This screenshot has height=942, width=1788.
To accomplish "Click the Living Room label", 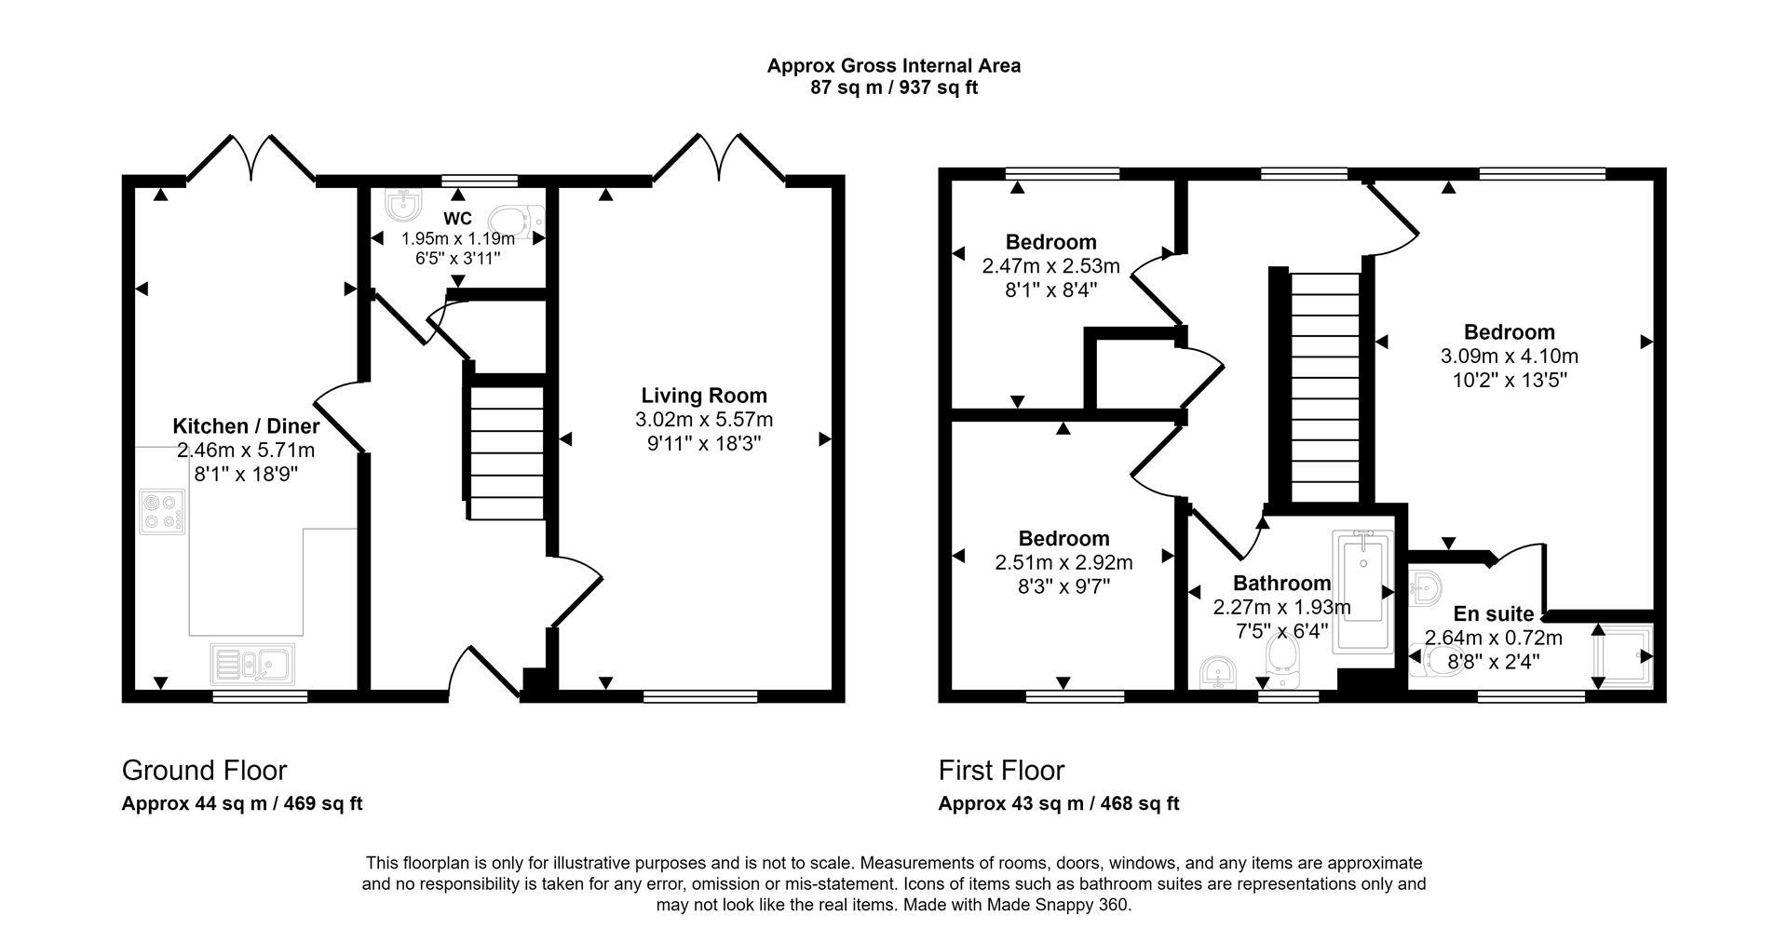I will click(703, 396).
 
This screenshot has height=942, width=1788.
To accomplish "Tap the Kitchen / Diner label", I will click(246, 426).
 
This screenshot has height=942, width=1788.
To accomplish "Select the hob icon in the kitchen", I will click(161, 513).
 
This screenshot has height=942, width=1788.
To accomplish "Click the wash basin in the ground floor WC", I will click(402, 204).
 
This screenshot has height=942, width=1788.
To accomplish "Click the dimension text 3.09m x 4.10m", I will click(1509, 357).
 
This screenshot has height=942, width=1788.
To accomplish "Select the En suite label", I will click(1493, 614).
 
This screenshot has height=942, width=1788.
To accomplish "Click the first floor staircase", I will click(1324, 386).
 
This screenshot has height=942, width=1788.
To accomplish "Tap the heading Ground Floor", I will click(204, 771).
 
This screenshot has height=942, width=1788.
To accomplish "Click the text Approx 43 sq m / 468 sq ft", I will click(1058, 803).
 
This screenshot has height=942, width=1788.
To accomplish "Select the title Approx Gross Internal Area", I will click(893, 66).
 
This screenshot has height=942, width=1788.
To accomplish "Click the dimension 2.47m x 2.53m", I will click(1050, 266).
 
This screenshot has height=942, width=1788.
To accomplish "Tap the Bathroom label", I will click(1281, 584).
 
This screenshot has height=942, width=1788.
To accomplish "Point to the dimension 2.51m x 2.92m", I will click(1063, 562).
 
